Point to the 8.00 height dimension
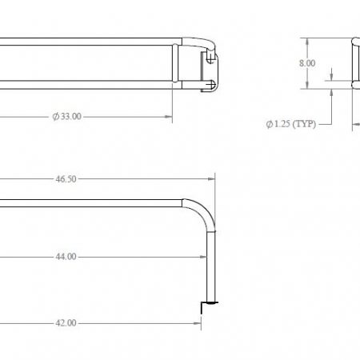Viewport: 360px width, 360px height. [x=306, y=62]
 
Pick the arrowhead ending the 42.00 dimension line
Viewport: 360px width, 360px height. [x=196, y=323]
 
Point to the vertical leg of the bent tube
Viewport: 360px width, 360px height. [x=210, y=264]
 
